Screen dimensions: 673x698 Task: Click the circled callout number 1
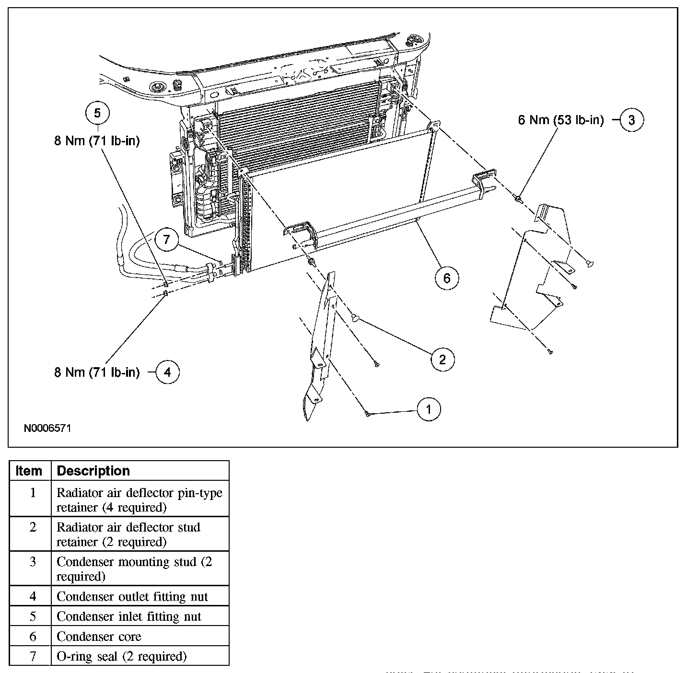click(429, 409)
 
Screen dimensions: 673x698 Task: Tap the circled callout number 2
click(442, 359)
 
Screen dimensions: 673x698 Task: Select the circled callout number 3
click(631, 120)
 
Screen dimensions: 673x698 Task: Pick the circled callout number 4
click(167, 372)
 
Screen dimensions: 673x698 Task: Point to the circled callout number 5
click(97, 113)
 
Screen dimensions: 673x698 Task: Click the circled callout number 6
click(447, 278)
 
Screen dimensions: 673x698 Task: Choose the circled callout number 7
click(166, 239)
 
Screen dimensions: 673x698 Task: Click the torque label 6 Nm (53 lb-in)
click(560, 120)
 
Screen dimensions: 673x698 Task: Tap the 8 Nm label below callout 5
click(97, 141)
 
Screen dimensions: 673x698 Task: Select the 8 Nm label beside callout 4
click(97, 372)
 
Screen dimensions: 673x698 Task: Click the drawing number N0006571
click(47, 428)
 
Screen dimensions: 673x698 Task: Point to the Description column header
click(93, 471)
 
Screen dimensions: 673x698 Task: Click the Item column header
click(29, 471)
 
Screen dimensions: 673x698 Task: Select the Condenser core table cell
click(99, 637)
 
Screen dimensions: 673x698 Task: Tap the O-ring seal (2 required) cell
click(121, 656)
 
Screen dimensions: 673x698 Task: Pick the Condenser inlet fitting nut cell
click(129, 616)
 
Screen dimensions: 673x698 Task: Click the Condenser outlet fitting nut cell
click(132, 597)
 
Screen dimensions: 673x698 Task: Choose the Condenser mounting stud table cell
click(134, 569)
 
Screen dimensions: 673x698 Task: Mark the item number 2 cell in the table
click(33, 527)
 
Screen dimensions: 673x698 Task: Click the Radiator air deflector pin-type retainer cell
click(139, 499)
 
